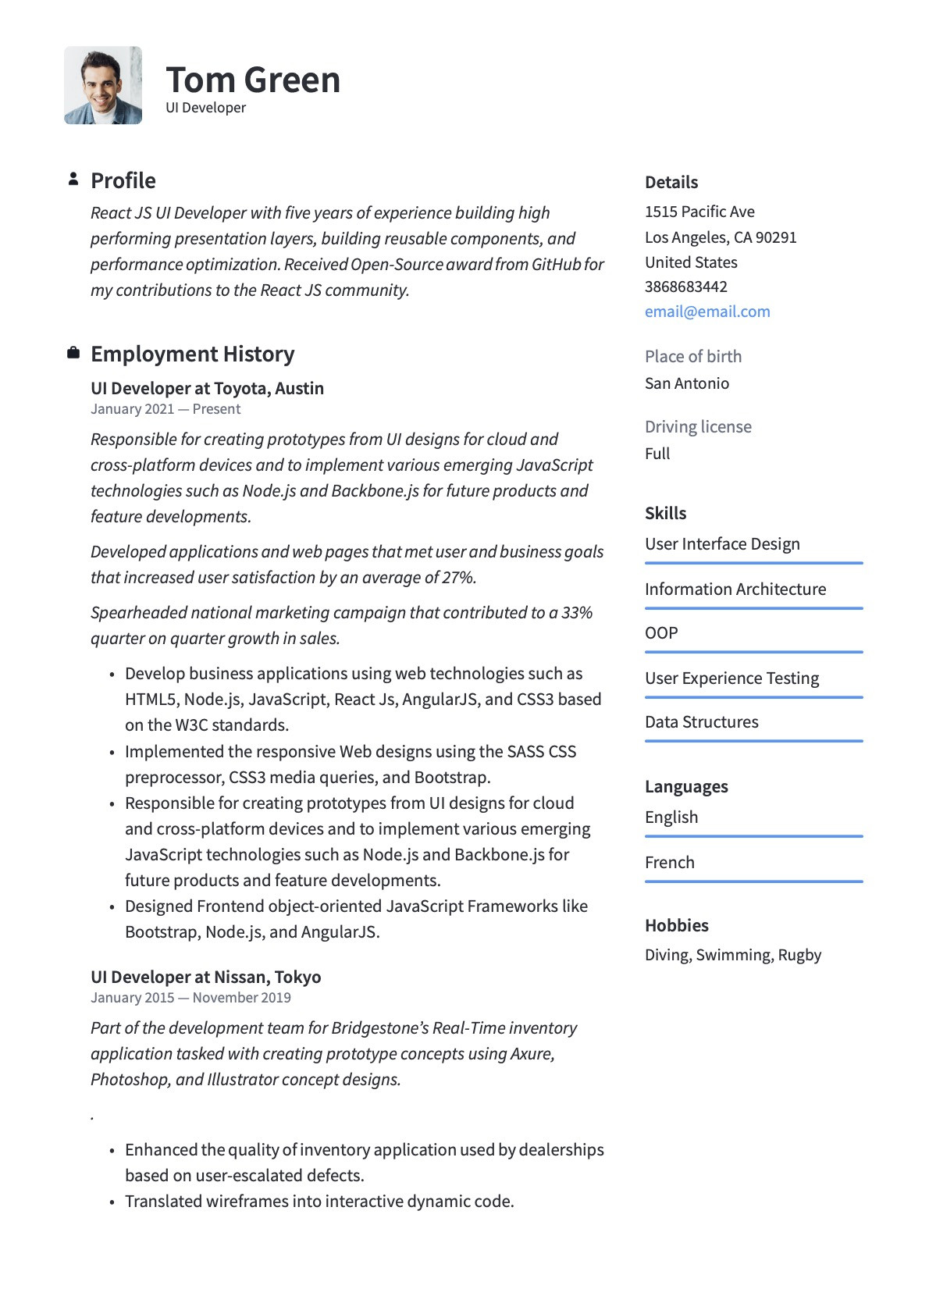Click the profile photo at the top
[x=103, y=85]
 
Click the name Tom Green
[x=253, y=80]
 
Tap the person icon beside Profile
[x=73, y=180]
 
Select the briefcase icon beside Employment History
[x=73, y=353]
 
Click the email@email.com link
[x=707, y=312]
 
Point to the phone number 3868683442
[x=685, y=287]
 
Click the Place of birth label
[x=693, y=357]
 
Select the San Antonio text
[x=687, y=383]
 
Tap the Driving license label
[x=698, y=427]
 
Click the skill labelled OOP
[x=661, y=633]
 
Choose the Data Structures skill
[x=701, y=722]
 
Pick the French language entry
[x=669, y=863]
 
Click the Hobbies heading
[x=676, y=926]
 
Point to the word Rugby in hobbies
[x=799, y=955]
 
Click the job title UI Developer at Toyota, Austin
[x=207, y=389]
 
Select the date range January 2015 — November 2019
[x=190, y=998]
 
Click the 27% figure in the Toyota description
[x=458, y=578]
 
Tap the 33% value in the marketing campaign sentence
[x=577, y=613]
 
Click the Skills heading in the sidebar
[x=665, y=514]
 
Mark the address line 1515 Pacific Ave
[x=699, y=212]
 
